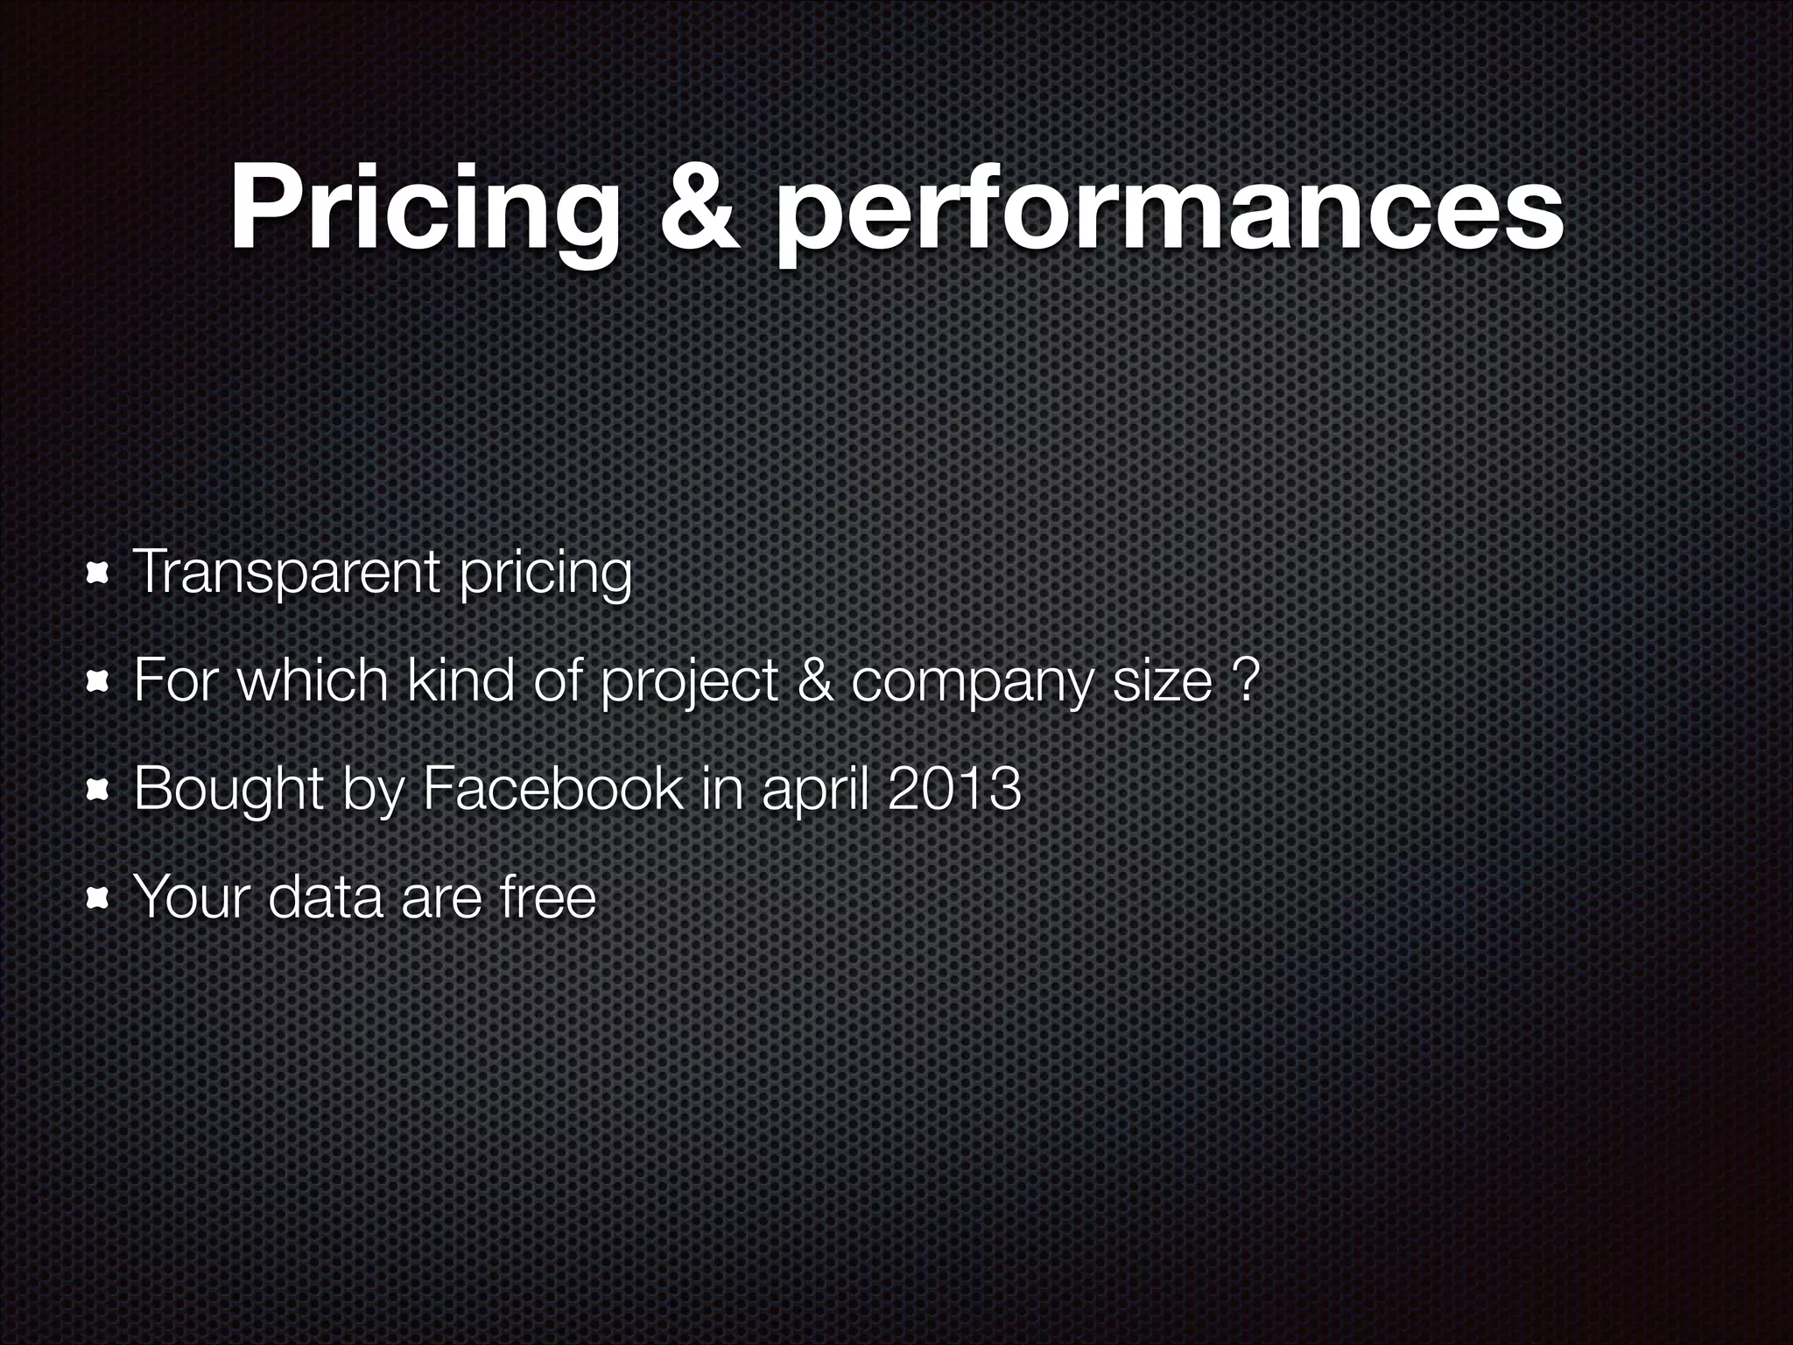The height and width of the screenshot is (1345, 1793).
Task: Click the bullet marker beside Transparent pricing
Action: click(x=96, y=574)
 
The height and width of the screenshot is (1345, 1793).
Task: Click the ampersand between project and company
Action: click(x=814, y=680)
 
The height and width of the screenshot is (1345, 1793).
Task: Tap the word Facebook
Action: click(x=551, y=788)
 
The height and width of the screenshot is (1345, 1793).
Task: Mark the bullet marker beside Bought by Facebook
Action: click(x=96, y=790)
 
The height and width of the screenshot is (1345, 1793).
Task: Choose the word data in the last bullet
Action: click(x=325, y=897)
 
